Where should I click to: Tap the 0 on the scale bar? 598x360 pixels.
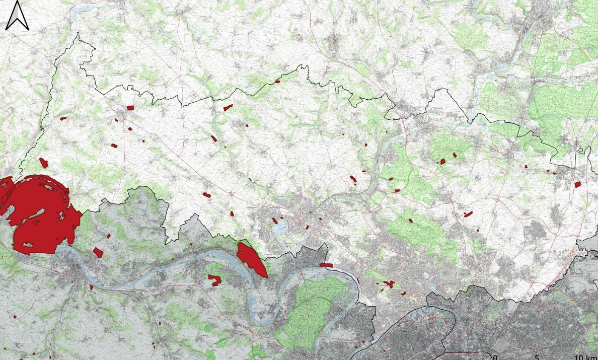click(x=495, y=357)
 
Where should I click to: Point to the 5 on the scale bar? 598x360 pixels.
click(x=537, y=357)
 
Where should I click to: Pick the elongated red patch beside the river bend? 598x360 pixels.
click(x=251, y=259)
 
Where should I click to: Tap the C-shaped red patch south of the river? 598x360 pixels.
click(x=215, y=280)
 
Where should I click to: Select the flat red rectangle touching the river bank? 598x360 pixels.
click(x=326, y=265)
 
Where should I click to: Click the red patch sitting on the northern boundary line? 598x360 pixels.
click(x=277, y=81)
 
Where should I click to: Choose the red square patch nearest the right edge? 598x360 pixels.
click(x=577, y=185)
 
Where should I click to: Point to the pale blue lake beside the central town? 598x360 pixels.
click(x=279, y=229)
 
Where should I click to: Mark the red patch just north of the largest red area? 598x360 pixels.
click(x=44, y=163)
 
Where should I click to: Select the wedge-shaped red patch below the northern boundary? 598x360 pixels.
click(x=228, y=107)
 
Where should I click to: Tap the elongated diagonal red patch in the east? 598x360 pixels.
click(x=468, y=214)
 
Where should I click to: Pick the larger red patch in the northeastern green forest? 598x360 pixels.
click(x=443, y=162)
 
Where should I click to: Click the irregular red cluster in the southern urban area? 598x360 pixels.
click(x=388, y=284)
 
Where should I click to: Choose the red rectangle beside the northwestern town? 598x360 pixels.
click(x=130, y=108)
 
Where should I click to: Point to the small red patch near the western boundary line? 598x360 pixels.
click(x=63, y=118)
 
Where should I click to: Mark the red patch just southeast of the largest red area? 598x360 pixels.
click(x=98, y=252)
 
